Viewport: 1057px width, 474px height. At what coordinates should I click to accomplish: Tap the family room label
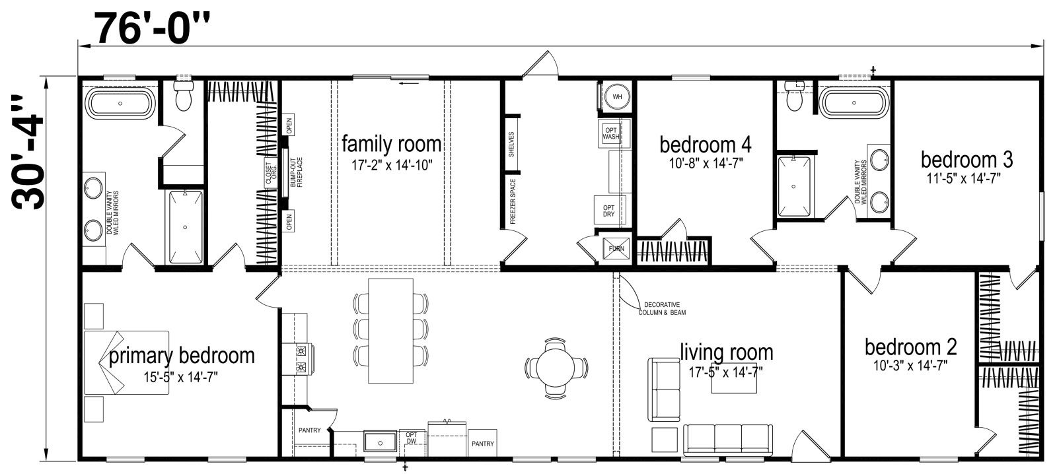pos(391,144)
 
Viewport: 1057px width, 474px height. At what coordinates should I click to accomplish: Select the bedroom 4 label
pos(705,145)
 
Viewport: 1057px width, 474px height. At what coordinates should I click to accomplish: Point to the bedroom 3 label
pos(966,159)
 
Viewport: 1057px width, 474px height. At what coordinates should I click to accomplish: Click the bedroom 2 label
pos(910,347)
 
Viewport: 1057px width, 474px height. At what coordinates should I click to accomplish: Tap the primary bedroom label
pos(181,356)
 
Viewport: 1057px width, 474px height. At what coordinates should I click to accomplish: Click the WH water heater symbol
pos(617,96)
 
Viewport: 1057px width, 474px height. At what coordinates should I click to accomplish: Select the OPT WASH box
pos(611,133)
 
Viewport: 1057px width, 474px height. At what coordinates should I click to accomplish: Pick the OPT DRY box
pos(608,211)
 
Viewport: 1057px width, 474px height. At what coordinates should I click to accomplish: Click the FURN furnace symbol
pos(616,249)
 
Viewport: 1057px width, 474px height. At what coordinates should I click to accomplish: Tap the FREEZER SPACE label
pos(512,201)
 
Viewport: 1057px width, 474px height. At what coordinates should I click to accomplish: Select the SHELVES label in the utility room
pos(512,145)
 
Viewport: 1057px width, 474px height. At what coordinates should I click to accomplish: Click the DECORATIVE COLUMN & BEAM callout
pos(661,308)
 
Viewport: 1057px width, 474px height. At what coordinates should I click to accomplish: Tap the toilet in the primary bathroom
pos(182,98)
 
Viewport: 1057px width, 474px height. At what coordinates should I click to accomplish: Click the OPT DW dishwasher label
pos(411,438)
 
